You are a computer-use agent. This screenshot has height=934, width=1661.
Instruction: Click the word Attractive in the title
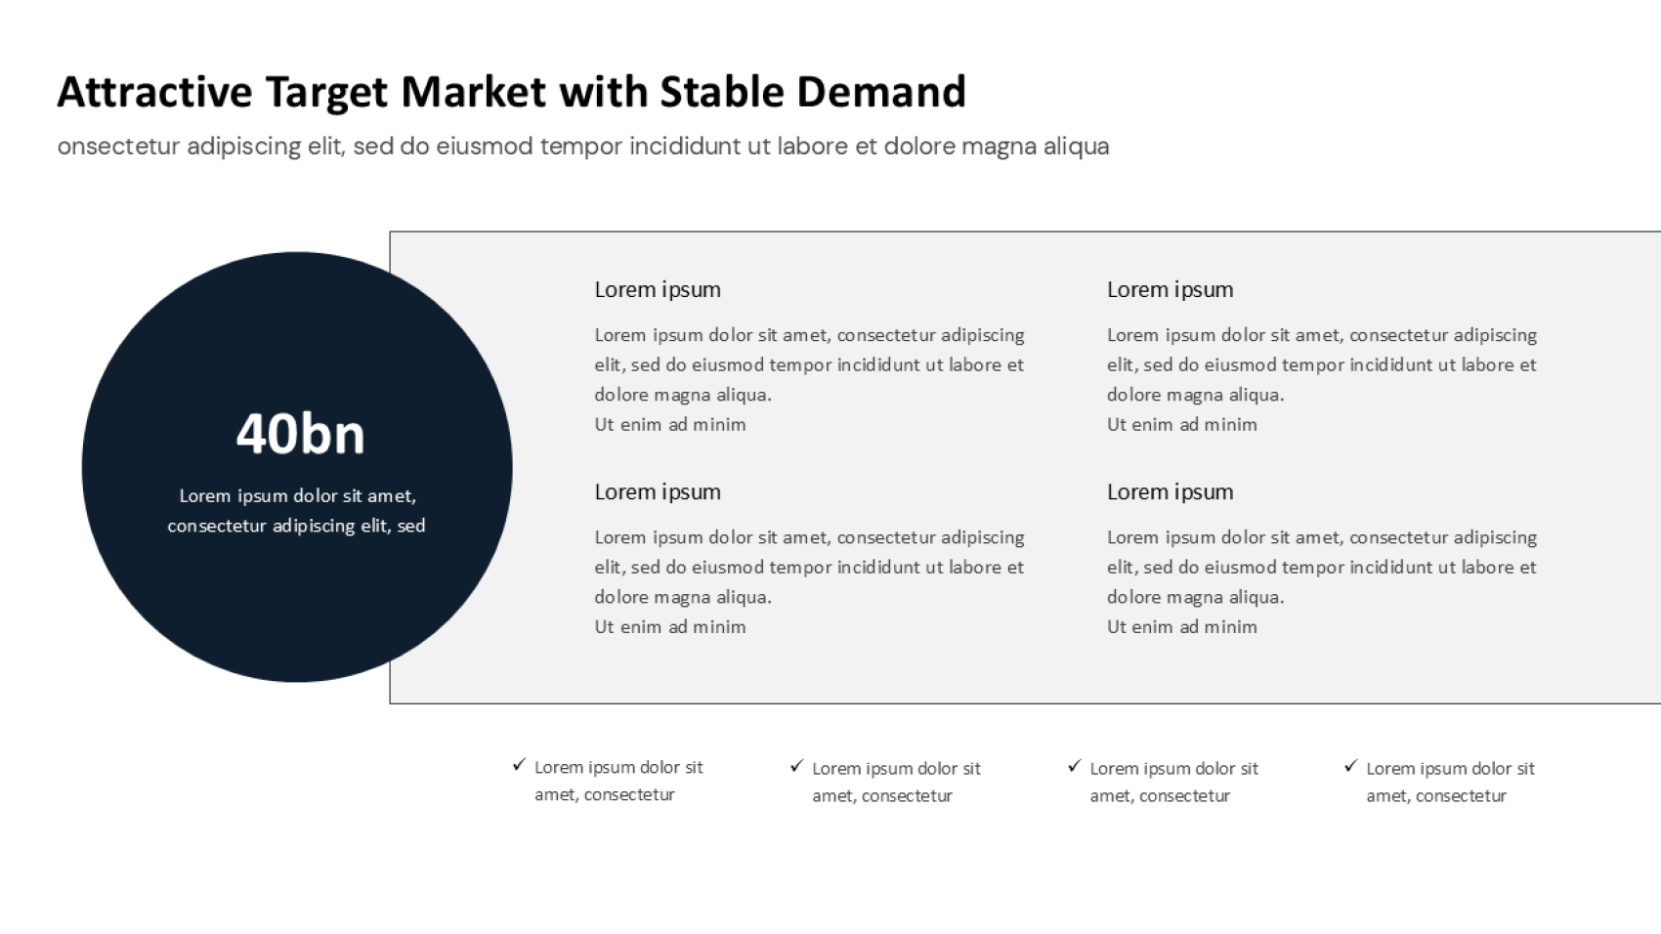[155, 92]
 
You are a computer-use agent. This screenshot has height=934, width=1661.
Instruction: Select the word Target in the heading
[326, 94]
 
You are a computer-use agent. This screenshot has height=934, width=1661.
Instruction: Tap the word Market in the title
[473, 92]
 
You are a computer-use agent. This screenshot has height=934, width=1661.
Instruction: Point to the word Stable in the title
[721, 92]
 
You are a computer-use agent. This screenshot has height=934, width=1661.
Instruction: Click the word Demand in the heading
[881, 92]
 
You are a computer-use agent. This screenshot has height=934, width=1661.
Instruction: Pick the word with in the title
[603, 92]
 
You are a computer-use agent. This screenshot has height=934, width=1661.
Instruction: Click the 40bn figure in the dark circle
[300, 435]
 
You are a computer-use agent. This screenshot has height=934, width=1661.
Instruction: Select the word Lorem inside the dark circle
[205, 496]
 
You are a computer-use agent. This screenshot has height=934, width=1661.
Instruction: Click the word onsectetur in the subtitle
[118, 146]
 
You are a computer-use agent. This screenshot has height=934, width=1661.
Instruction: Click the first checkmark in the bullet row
[519, 764]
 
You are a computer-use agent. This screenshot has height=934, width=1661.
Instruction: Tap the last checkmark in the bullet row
[1351, 766]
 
